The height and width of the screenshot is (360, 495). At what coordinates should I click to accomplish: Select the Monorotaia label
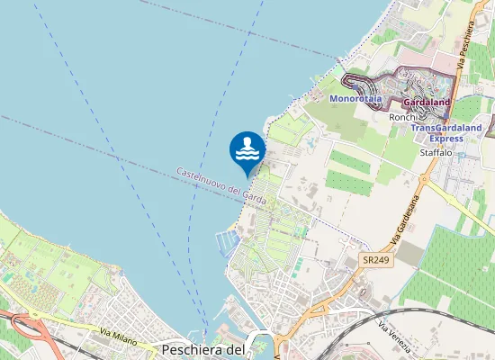[x=355, y=97]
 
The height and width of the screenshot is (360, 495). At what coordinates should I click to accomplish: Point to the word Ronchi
[x=403, y=117]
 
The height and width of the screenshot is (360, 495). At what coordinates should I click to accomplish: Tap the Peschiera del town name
[x=202, y=349]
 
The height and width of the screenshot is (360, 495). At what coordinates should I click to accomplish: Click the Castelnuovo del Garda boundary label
[x=221, y=185]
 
